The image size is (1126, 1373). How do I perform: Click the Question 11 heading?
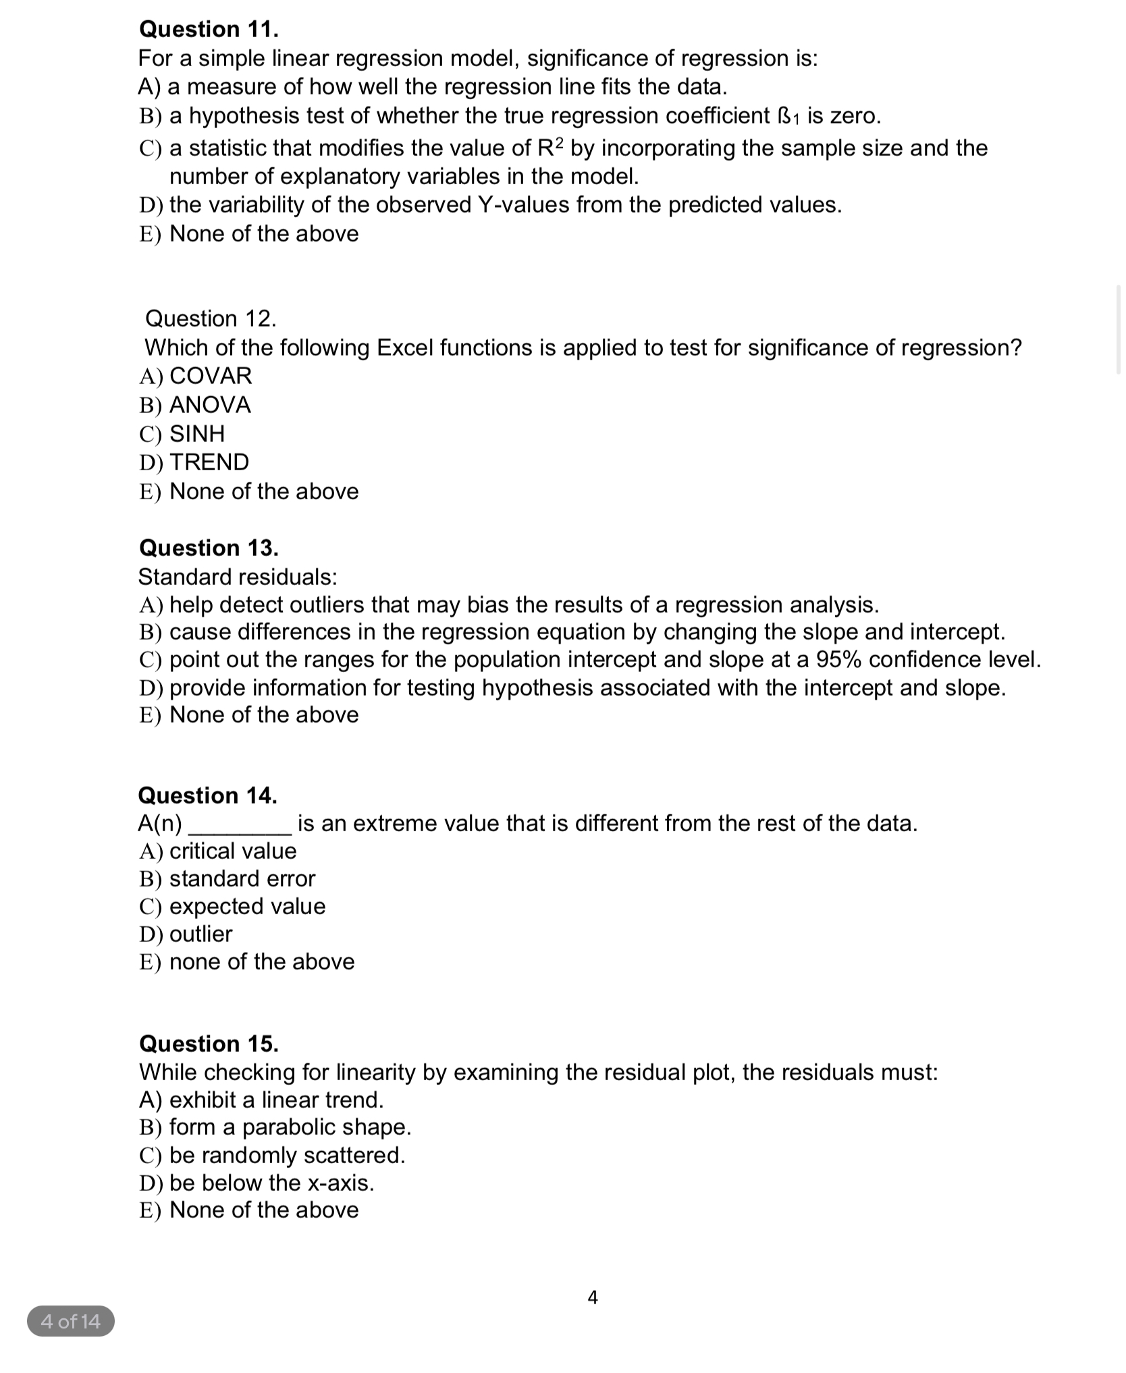click(208, 30)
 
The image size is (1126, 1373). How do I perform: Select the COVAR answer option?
click(210, 376)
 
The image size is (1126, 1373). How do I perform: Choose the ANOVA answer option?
click(209, 405)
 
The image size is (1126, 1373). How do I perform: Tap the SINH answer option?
click(196, 433)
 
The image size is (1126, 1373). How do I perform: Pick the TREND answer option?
click(209, 462)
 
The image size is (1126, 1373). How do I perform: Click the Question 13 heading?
click(208, 548)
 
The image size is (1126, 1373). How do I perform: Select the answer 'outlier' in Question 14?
click(200, 934)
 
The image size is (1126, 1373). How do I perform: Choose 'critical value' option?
click(232, 851)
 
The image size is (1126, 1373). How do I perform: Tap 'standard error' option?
click(242, 878)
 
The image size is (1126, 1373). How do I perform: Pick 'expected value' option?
click(247, 906)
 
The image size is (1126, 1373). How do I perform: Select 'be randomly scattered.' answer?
click(287, 1155)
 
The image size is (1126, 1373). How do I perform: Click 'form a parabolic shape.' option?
click(290, 1127)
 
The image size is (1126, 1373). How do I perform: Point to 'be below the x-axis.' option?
click(271, 1183)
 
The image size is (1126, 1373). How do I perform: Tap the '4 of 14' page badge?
click(71, 1321)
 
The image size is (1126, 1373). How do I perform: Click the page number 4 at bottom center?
click(593, 1297)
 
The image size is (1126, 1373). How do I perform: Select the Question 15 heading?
click(208, 1044)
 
